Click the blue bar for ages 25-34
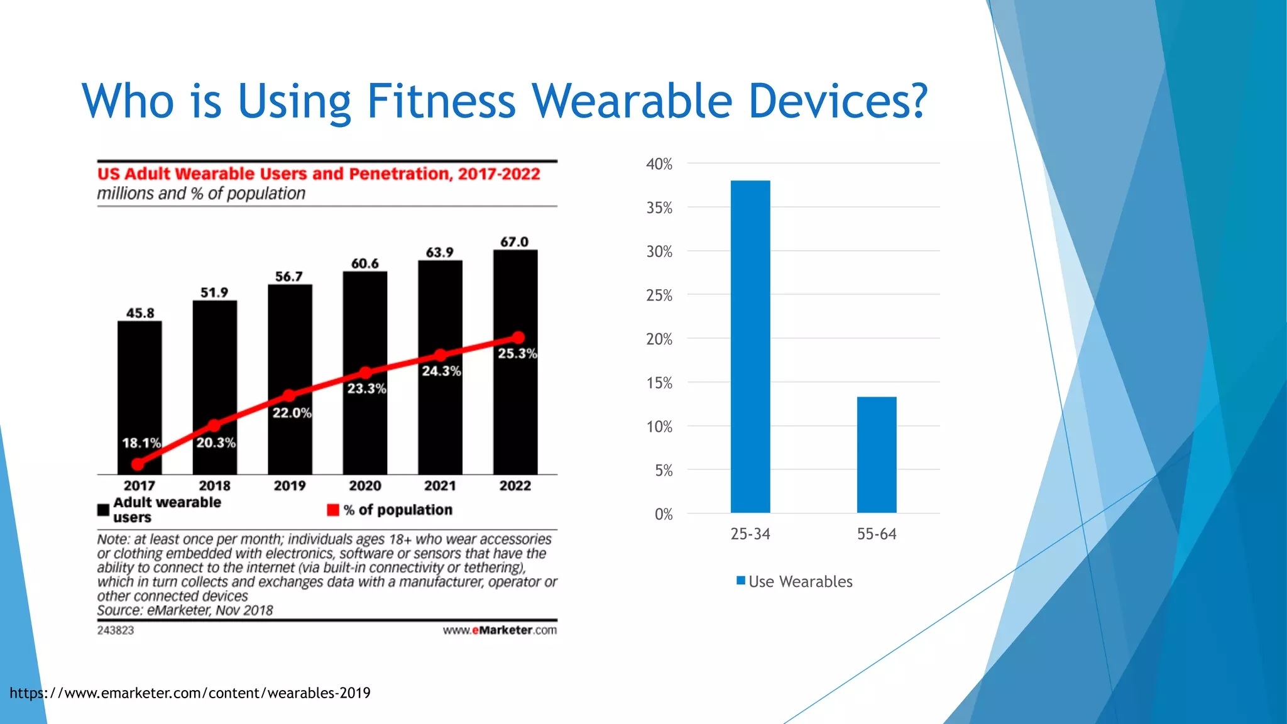click(750, 346)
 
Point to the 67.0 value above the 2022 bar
click(514, 242)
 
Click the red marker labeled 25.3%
click(518, 337)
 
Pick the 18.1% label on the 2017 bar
click(141, 443)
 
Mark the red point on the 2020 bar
click(365, 373)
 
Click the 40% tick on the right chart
click(659, 164)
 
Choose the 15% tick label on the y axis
click(659, 383)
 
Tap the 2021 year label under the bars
click(440, 486)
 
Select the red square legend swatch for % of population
click(333, 510)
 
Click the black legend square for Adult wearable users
click(104, 510)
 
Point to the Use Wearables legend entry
click(794, 581)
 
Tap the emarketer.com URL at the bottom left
click(190, 693)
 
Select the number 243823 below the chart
click(116, 630)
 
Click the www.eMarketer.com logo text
click(500, 630)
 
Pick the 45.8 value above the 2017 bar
click(140, 313)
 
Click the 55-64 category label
click(877, 534)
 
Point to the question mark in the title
click(915, 101)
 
